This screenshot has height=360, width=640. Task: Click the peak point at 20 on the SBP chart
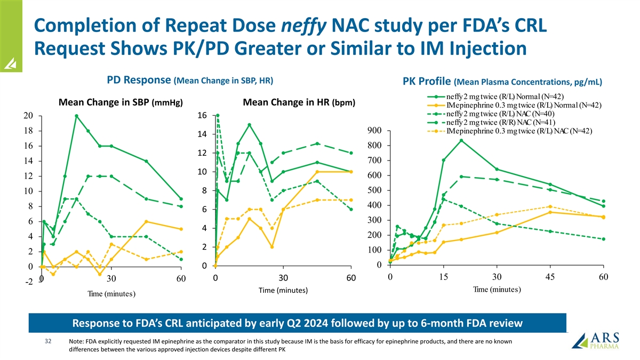[x=77, y=116]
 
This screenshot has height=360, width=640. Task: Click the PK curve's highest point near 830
[x=461, y=140]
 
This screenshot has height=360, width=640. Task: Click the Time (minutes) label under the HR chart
[x=283, y=291]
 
